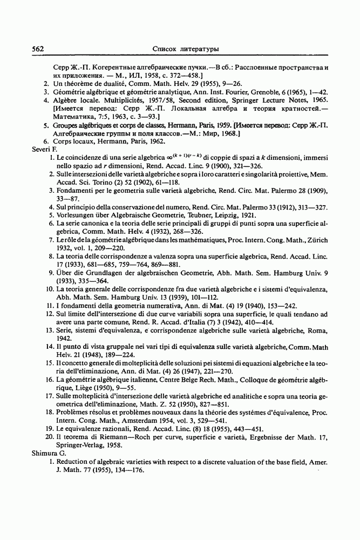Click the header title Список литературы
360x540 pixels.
point(186,49)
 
